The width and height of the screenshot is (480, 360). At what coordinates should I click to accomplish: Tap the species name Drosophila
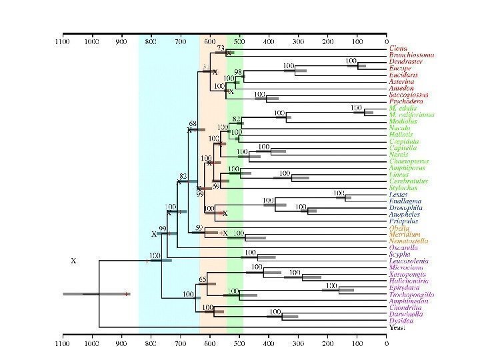403,208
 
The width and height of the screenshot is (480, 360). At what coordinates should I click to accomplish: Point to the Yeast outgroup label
397,327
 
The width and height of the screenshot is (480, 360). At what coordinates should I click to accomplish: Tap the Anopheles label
404,215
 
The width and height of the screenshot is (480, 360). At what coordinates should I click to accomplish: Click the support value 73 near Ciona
221,49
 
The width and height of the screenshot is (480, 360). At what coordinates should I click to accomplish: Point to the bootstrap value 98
238,71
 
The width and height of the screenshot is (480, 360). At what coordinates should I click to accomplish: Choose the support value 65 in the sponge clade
203,279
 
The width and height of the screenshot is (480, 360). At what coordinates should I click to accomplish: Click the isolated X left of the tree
73,261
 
